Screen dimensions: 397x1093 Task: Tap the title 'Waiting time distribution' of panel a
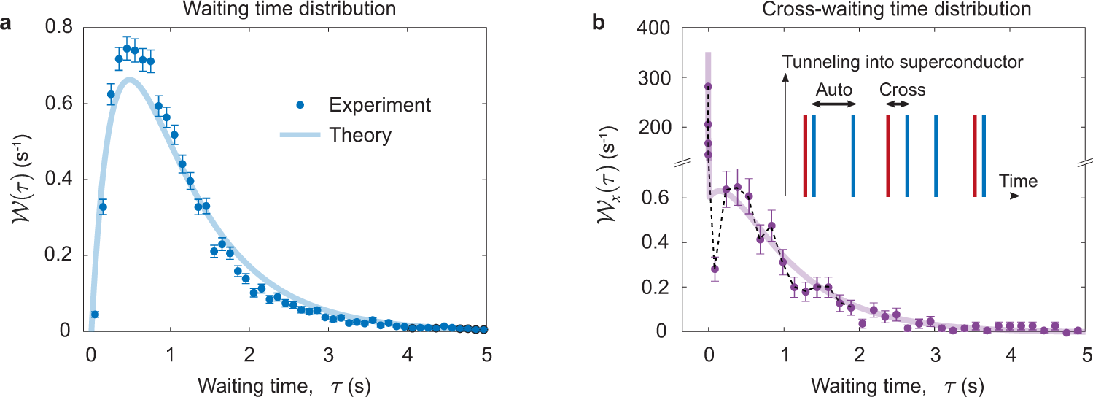(x=289, y=9)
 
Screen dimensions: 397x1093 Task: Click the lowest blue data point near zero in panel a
(x=95, y=315)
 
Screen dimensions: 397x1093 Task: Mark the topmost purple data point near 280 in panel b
(x=707, y=87)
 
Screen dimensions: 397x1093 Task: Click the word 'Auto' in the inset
(x=832, y=90)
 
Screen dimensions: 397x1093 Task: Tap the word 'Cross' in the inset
(x=902, y=90)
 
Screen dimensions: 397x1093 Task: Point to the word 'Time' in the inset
(x=1019, y=180)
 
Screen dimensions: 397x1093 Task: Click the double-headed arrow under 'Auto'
(x=833, y=106)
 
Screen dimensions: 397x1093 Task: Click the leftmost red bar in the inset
(x=805, y=155)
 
